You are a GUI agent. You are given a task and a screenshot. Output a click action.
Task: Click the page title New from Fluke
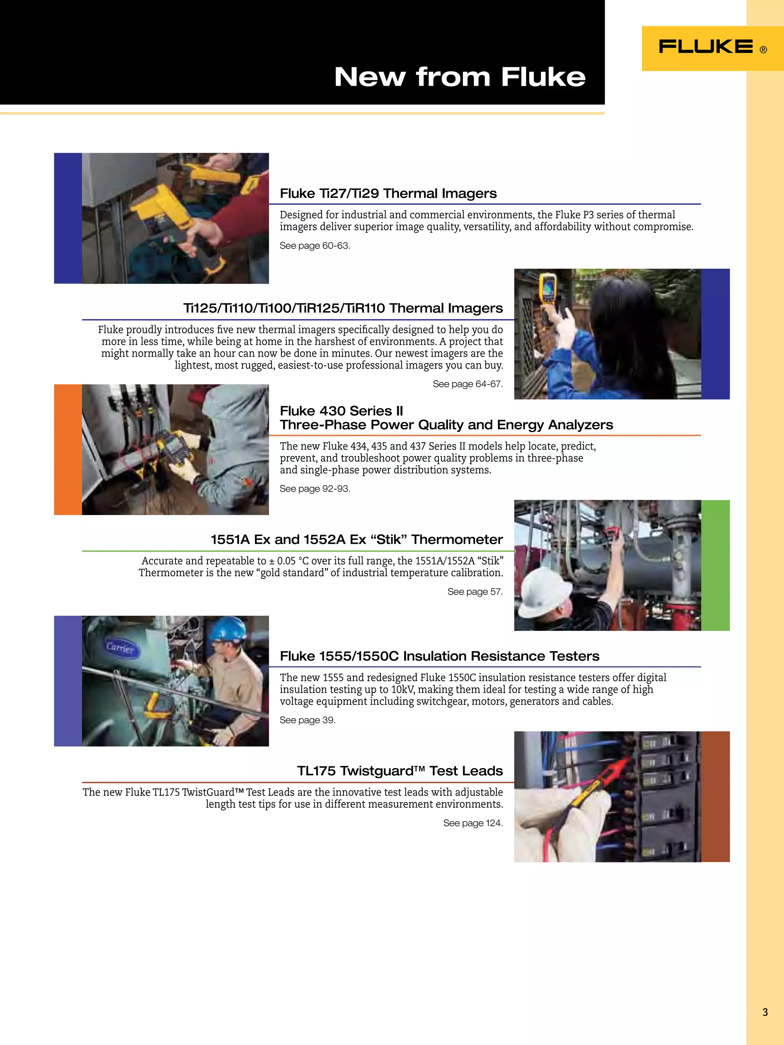(x=459, y=77)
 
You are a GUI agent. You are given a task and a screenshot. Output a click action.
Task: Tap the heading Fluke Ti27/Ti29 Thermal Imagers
(x=388, y=193)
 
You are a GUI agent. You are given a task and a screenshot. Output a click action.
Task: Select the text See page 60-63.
(x=315, y=246)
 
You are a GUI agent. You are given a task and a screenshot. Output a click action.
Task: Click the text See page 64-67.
(x=467, y=384)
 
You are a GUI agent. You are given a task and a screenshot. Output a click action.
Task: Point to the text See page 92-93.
(x=315, y=489)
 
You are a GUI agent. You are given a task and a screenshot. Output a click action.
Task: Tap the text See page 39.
(x=307, y=720)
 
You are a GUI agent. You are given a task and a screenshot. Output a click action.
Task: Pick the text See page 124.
(x=472, y=823)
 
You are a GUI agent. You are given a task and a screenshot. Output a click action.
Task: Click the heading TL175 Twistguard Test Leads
(x=400, y=771)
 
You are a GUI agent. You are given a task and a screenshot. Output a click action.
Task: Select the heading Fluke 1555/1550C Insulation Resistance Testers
(x=439, y=656)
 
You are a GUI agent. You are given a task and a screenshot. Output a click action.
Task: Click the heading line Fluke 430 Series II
(x=341, y=411)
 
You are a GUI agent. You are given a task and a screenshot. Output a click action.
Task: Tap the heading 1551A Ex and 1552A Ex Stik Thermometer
(x=356, y=540)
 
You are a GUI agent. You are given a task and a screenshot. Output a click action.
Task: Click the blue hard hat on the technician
(x=228, y=629)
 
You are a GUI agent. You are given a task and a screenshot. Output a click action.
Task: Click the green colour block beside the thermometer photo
(x=715, y=565)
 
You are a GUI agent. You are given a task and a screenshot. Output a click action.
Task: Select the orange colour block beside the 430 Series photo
(x=68, y=449)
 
